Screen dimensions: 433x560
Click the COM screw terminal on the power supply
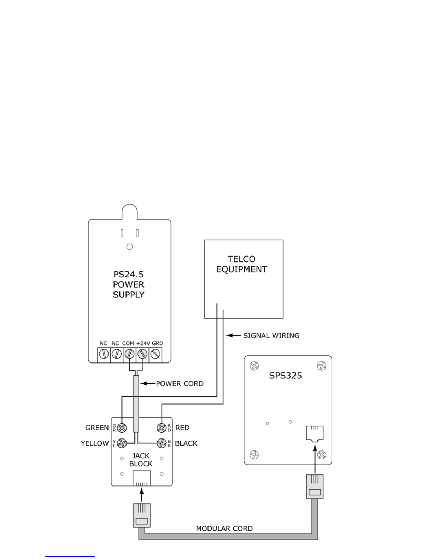pyautogui.click(x=129, y=354)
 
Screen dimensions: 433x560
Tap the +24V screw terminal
pyautogui.click(x=142, y=354)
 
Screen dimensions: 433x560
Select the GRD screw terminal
pyautogui.click(x=155, y=354)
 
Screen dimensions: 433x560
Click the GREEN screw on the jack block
pyautogui.click(x=122, y=428)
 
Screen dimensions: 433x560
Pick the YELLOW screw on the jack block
pyautogui.click(x=122, y=443)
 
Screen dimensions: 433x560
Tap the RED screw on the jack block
pyautogui.click(x=162, y=428)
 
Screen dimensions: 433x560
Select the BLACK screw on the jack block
pyautogui.click(x=162, y=443)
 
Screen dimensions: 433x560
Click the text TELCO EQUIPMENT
pyautogui.click(x=241, y=264)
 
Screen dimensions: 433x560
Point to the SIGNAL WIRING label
pyautogui.click(x=271, y=336)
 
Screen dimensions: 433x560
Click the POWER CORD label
pyautogui.click(x=180, y=384)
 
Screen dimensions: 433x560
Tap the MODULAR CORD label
pyautogui.click(x=224, y=529)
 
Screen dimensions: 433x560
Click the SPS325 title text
pyautogui.click(x=285, y=376)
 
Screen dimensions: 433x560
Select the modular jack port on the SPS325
pyautogui.click(x=315, y=434)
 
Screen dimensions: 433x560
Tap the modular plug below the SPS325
pyautogui.click(x=315, y=487)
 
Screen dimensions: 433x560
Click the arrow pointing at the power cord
pyautogui.click(x=147, y=384)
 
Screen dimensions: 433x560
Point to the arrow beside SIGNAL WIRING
pyautogui.click(x=233, y=335)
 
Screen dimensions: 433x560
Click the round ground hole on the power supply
pyautogui.click(x=130, y=247)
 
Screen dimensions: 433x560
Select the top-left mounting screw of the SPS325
pyautogui.click(x=254, y=366)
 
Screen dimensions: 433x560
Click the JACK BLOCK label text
pyautogui.click(x=141, y=460)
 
